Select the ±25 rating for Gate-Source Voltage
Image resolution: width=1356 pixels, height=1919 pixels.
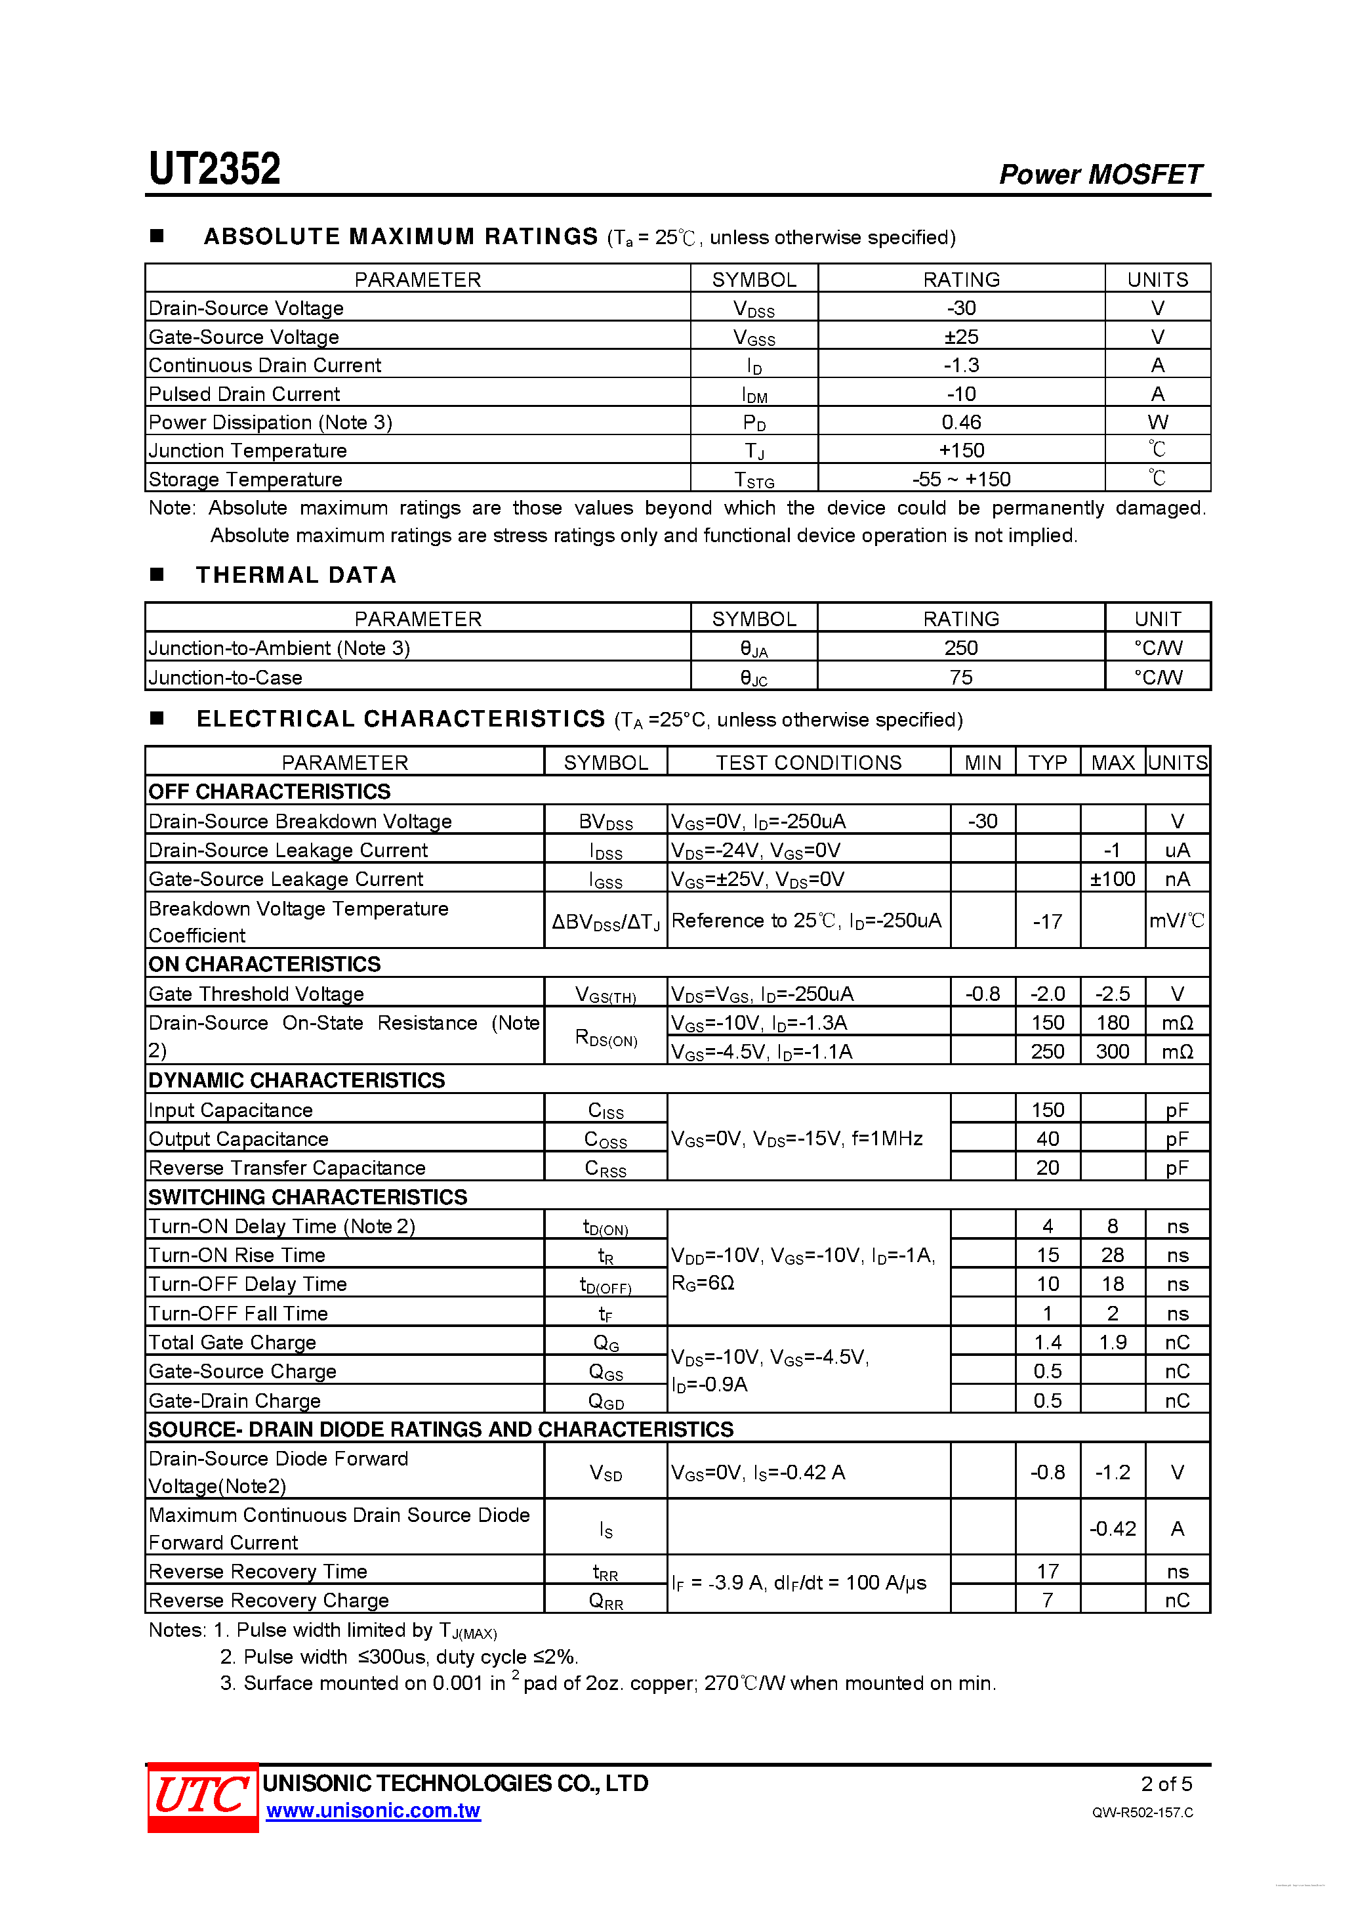(961, 337)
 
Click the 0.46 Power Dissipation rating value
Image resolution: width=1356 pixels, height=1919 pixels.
(961, 422)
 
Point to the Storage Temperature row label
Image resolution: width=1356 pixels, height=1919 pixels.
(245, 479)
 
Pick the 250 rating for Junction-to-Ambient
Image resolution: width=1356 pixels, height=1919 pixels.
(961, 648)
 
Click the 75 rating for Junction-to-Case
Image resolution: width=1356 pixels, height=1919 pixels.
(961, 677)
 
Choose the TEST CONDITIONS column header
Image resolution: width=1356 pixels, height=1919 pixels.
(808, 762)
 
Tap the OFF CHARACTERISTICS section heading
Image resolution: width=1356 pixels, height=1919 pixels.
(269, 791)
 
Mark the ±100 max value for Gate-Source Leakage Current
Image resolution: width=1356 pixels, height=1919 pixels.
(1112, 878)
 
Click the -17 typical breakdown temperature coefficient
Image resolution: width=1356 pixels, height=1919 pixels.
(1047, 921)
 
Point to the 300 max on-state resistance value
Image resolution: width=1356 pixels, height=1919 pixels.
(1112, 1051)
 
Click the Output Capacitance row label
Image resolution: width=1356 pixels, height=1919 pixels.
(238, 1139)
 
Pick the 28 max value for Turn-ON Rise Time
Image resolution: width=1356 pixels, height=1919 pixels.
(1112, 1255)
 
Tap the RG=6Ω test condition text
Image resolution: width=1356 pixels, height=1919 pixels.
(703, 1283)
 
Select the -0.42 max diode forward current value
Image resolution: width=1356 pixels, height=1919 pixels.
(1112, 1529)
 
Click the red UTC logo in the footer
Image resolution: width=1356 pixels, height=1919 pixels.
(202, 1796)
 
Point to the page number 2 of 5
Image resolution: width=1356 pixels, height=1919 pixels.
(1166, 1784)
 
